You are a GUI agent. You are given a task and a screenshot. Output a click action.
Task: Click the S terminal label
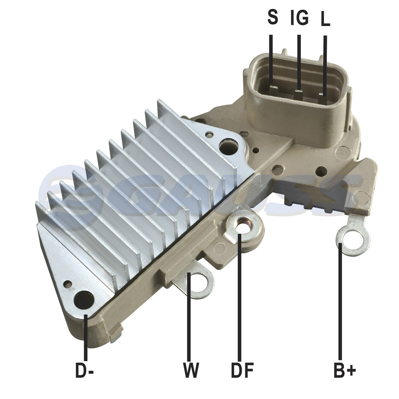[273, 17]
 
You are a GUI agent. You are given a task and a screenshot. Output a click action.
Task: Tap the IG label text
[300, 17]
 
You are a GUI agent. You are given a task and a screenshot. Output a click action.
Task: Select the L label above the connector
[325, 19]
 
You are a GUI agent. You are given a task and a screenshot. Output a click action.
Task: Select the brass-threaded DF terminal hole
[242, 225]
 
